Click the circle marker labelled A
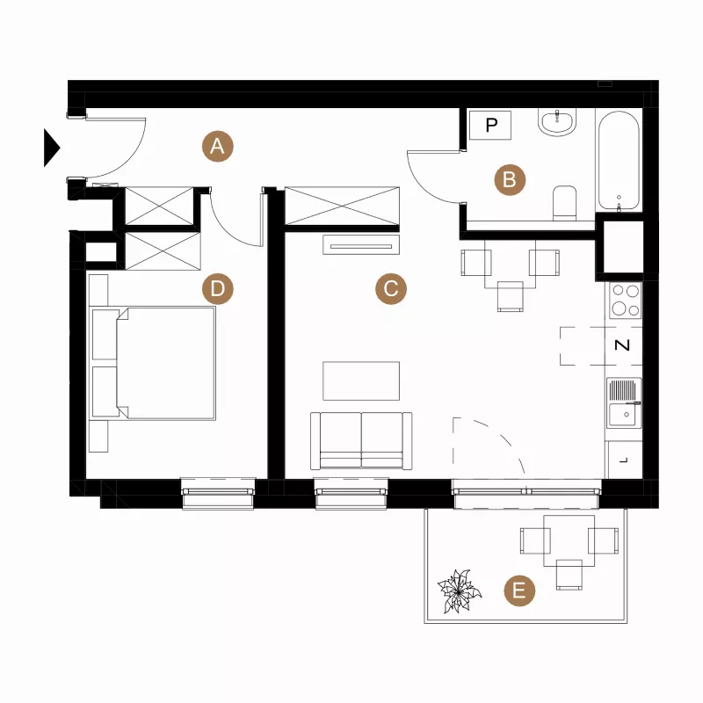point(217,146)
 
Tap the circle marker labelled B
point(510,180)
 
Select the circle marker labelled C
point(391,289)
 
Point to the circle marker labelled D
point(217,289)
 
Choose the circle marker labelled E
point(519,591)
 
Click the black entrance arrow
point(52,148)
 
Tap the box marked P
point(490,125)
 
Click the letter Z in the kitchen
point(622,345)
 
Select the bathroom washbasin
point(557,122)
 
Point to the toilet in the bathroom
point(564,203)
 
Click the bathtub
point(619,161)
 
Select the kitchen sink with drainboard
point(624,402)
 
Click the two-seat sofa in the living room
point(361,441)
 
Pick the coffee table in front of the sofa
point(361,380)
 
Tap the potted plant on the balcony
point(459,591)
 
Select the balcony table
point(569,540)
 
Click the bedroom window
point(218,493)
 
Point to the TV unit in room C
point(361,245)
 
